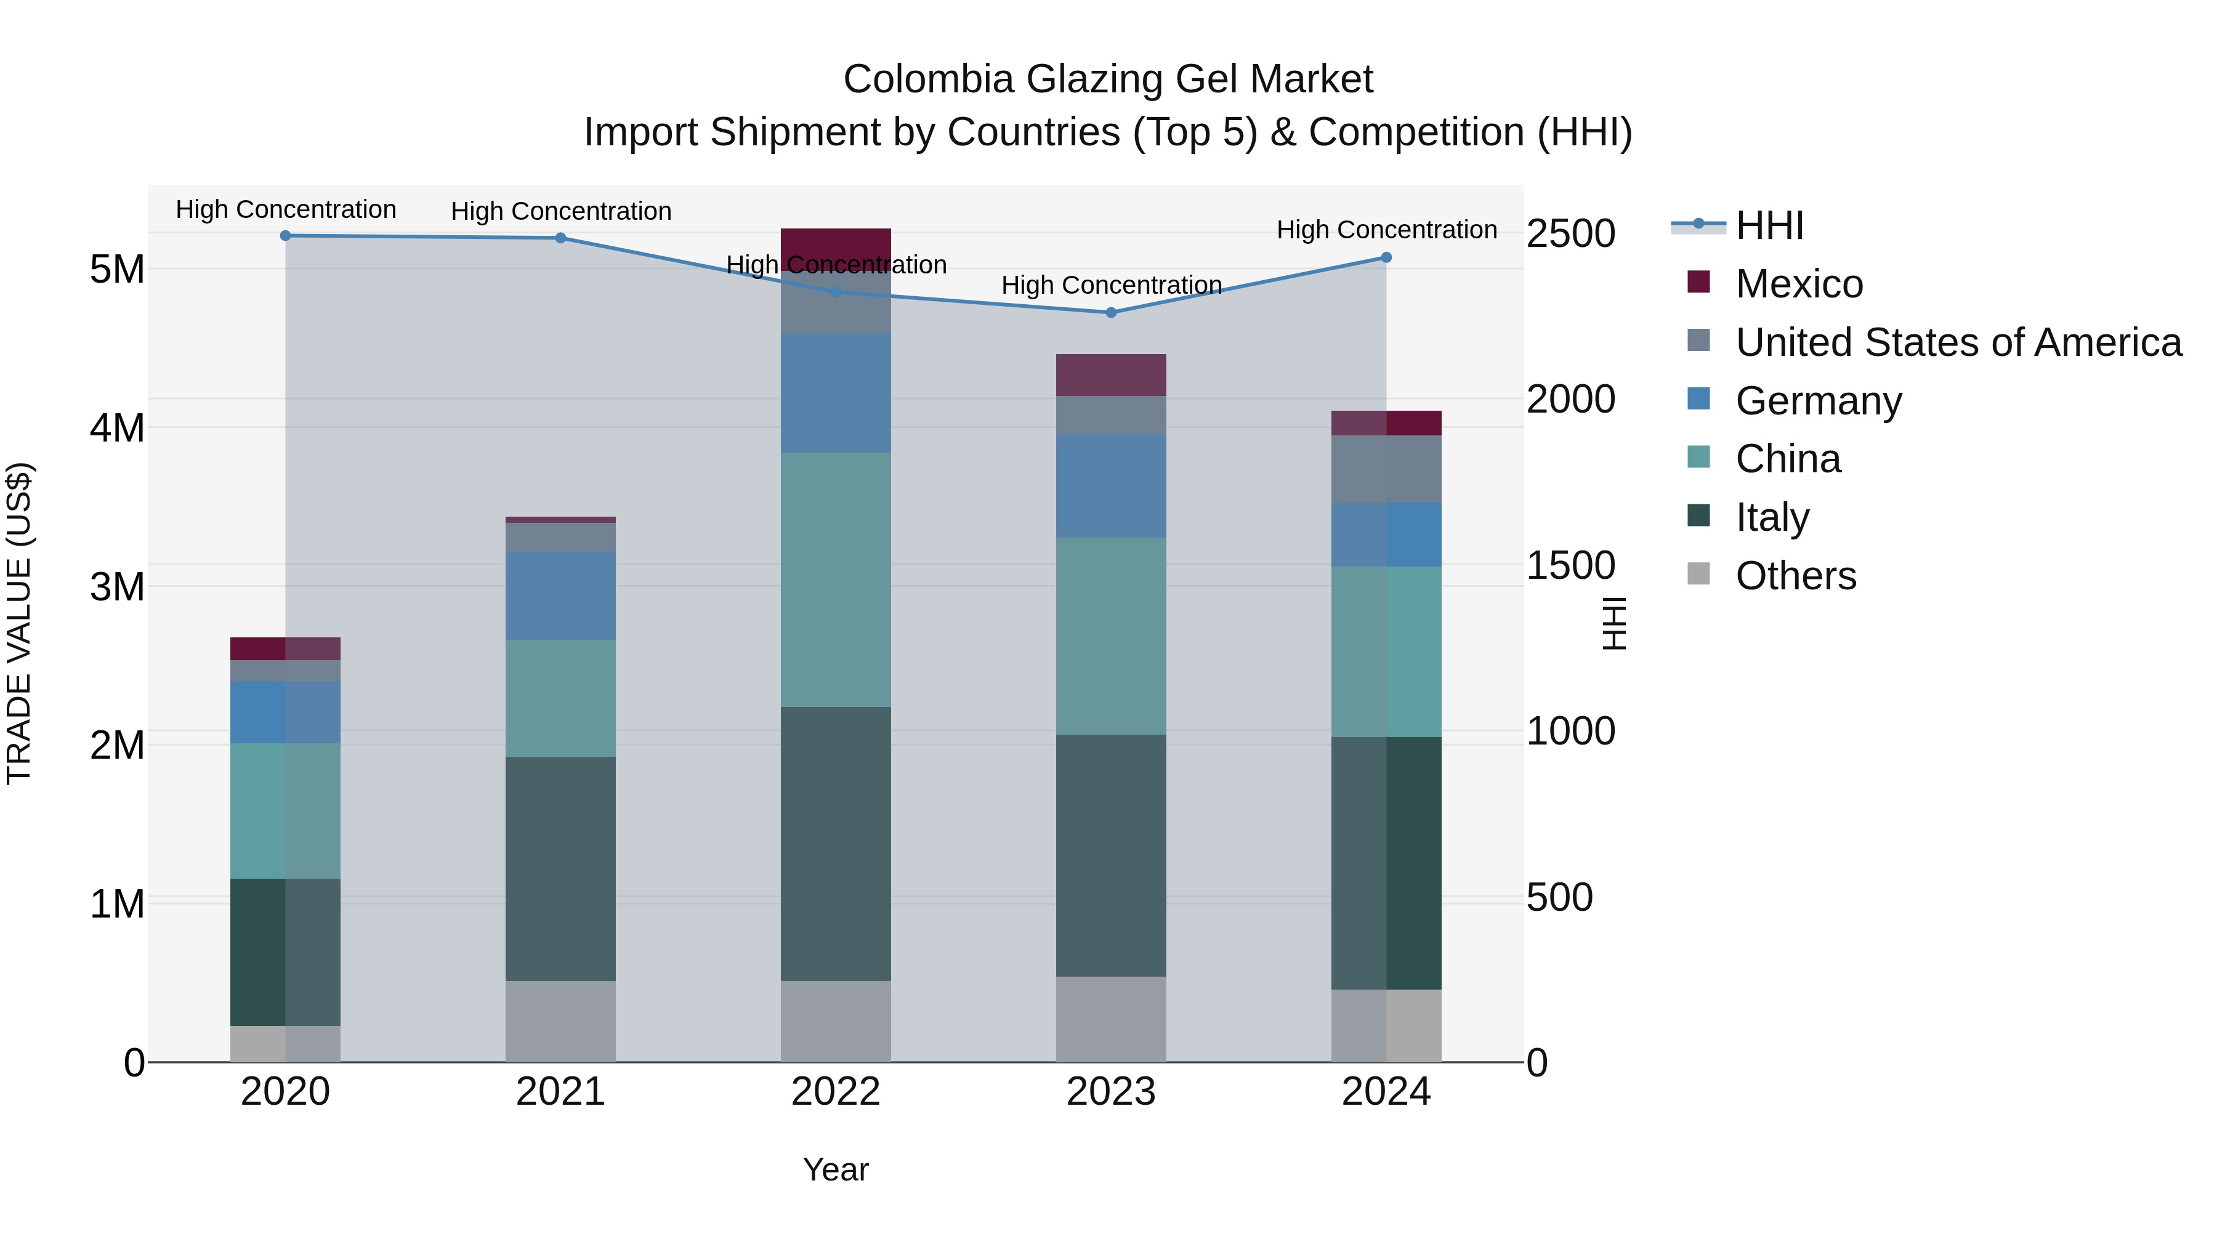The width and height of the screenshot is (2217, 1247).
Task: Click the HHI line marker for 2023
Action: pyautogui.click(x=1110, y=312)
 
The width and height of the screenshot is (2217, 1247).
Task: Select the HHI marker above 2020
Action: pyautogui.click(x=286, y=236)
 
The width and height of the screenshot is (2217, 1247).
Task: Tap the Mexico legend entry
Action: pyautogui.click(x=1799, y=284)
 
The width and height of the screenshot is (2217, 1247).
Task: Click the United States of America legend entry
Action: pyautogui.click(x=1958, y=342)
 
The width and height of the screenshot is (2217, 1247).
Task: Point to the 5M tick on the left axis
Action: pyautogui.click(x=117, y=269)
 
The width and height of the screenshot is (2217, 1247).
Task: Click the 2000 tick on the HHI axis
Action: pyautogui.click(x=1570, y=399)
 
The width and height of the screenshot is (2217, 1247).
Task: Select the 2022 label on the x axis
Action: pyautogui.click(x=835, y=1092)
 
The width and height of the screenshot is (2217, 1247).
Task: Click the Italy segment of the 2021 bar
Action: pyautogui.click(x=560, y=869)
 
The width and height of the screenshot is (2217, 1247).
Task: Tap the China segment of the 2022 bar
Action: pyautogui.click(x=835, y=579)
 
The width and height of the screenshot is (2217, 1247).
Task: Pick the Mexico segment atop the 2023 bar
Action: pyautogui.click(x=1110, y=375)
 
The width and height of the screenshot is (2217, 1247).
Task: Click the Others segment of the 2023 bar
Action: pyautogui.click(x=1110, y=1019)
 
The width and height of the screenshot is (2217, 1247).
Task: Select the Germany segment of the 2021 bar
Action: pyautogui.click(x=560, y=595)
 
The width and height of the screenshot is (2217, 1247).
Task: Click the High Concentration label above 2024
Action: pyautogui.click(x=1386, y=230)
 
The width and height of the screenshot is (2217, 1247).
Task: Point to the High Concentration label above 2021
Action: pyautogui.click(x=560, y=211)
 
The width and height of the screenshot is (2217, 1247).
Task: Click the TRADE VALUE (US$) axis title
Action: pyautogui.click(x=19, y=623)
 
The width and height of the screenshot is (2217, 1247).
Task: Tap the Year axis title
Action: pyautogui.click(x=835, y=1169)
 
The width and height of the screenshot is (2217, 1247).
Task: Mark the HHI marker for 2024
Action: pyautogui.click(x=1386, y=257)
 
